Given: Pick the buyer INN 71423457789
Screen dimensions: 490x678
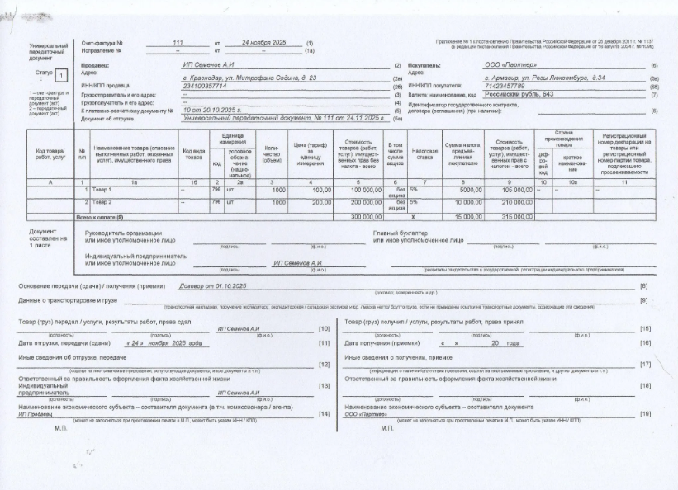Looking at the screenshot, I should pos(507,86).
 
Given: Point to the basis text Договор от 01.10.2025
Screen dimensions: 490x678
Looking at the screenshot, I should pos(207,285).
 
